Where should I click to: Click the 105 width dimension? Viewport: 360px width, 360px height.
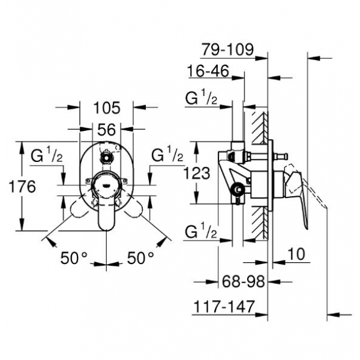coord(107,109)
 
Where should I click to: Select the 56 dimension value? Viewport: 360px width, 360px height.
coord(107,128)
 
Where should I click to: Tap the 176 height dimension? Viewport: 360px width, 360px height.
coord(23,186)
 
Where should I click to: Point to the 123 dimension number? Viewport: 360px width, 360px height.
coord(197,173)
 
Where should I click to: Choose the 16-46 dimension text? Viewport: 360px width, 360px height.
coord(208,71)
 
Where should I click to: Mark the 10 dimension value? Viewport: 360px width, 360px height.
coord(296,254)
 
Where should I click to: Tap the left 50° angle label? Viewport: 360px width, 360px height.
coord(74,258)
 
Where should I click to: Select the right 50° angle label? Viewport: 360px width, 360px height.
coord(140,258)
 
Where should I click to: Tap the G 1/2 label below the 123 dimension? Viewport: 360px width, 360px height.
coord(200,230)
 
